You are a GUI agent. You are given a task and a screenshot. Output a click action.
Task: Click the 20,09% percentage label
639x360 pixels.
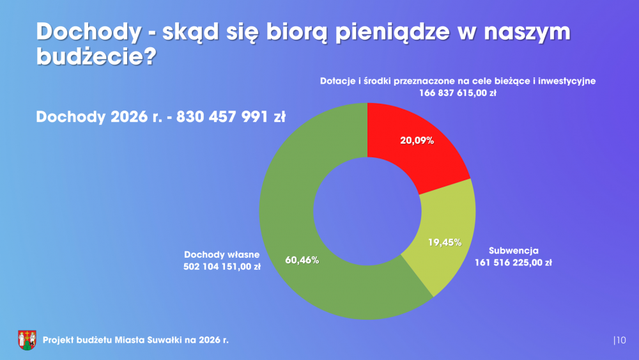[417, 141]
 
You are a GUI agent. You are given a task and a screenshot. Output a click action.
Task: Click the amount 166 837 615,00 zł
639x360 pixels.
[458, 93]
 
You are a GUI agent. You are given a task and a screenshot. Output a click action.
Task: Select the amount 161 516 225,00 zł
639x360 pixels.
[513, 262]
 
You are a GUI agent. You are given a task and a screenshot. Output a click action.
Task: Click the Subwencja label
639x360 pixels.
[513, 250]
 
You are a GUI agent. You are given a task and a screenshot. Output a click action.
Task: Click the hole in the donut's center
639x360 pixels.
[367, 211]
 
